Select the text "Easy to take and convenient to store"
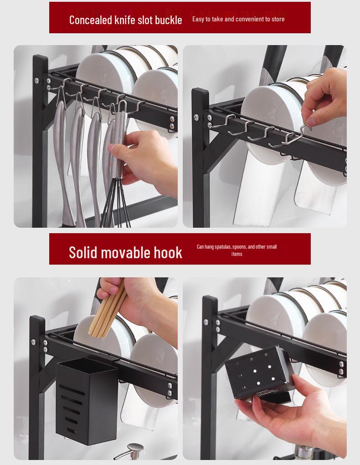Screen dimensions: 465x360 point(238,19)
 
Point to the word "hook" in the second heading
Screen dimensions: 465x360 point(167,252)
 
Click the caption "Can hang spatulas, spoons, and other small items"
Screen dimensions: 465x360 point(237,250)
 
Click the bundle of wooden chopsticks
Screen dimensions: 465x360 point(108,310)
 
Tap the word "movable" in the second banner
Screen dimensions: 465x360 point(127,252)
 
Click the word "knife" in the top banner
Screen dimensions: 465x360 point(126,20)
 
